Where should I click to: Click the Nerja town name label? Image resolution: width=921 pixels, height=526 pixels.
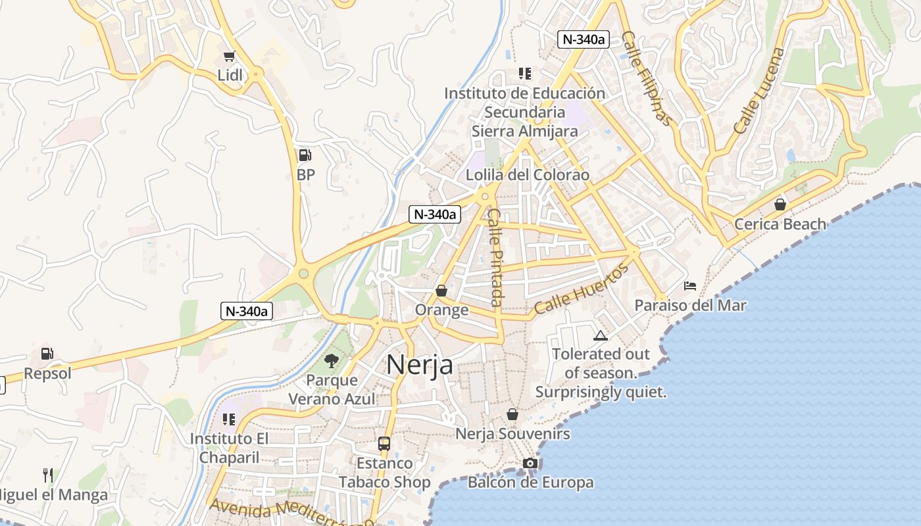click(x=420, y=364)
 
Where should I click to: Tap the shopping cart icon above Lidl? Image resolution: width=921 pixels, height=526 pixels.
click(x=229, y=57)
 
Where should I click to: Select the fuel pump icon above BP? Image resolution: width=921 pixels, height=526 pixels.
click(x=305, y=155)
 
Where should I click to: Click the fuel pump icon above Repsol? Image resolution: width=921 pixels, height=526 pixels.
click(x=47, y=354)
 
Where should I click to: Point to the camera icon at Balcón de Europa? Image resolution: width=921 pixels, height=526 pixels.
click(x=530, y=464)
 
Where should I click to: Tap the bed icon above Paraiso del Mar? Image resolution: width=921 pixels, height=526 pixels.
click(x=690, y=286)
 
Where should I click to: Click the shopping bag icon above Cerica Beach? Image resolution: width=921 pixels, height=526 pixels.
click(x=780, y=204)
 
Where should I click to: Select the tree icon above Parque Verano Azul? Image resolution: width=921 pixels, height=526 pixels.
click(x=332, y=360)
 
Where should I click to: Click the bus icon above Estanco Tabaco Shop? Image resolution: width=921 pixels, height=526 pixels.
click(x=384, y=444)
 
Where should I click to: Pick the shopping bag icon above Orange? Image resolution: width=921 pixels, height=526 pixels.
click(x=441, y=291)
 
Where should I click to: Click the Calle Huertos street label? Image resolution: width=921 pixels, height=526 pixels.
click(x=582, y=289)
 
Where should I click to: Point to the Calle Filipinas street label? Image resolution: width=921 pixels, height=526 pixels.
click(x=647, y=78)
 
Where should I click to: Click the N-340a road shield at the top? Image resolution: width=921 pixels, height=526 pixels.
click(x=584, y=39)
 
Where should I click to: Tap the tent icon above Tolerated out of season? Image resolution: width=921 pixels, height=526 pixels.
click(x=600, y=335)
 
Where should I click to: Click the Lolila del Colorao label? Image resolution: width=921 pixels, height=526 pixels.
click(x=528, y=176)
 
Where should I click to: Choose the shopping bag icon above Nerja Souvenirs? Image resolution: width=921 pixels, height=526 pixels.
click(x=512, y=415)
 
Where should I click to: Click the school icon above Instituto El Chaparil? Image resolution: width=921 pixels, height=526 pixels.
click(x=229, y=419)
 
